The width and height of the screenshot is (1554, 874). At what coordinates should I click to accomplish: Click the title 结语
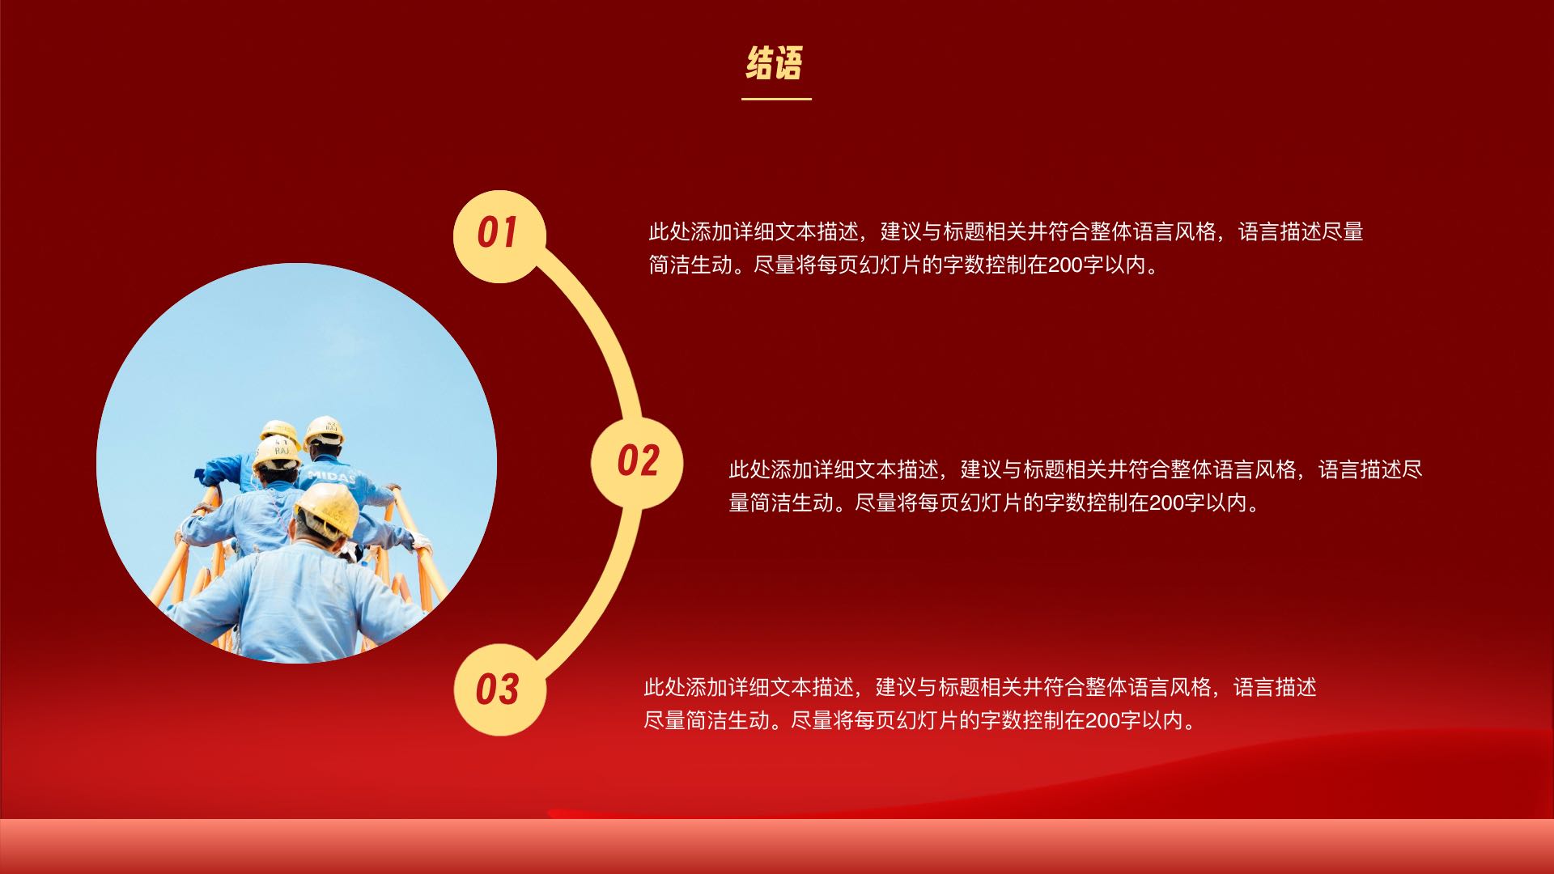click(775, 64)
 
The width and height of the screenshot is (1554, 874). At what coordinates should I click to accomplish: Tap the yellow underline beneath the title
click(776, 99)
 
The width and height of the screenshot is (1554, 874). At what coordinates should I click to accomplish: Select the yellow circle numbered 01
click(499, 235)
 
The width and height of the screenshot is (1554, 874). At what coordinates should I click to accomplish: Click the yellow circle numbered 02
click(637, 463)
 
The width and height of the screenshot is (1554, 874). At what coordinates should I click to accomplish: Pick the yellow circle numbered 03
click(499, 689)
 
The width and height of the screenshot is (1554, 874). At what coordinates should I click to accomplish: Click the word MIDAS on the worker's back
click(332, 476)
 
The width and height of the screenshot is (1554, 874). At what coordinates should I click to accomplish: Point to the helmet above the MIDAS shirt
click(324, 430)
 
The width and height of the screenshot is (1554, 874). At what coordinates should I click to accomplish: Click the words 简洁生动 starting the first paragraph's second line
click(690, 265)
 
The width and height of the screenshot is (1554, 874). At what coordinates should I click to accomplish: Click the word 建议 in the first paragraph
click(901, 232)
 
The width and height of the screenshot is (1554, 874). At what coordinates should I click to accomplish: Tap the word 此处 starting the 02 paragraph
click(749, 469)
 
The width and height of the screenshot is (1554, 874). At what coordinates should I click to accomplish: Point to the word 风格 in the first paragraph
click(1195, 232)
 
